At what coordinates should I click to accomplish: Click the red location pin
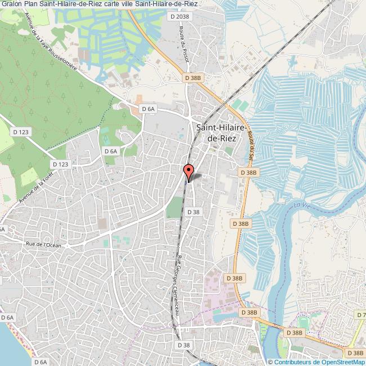pyautogui.click(x=188, y=170)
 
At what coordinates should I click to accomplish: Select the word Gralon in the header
pyautogui.click(x=12, y=5)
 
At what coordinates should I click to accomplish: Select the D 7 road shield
pyautogui.click(x=360, y=314)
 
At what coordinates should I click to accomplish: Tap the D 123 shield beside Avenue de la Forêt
pyautogui.click(x=60, y=164)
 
